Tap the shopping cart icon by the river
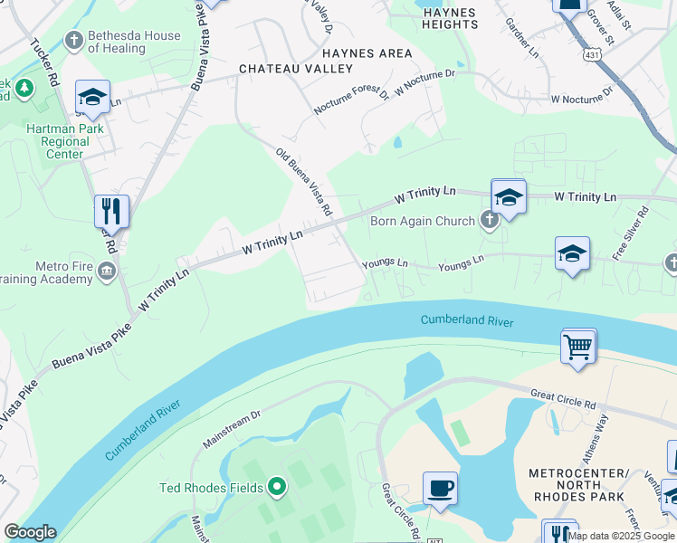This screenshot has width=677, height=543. point(578,347)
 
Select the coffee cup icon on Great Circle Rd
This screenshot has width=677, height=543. point(440,489)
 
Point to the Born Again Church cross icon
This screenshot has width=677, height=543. point(489,221)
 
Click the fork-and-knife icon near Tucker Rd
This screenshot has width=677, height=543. point(111,212)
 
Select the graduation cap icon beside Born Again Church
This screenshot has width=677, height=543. point(509,197)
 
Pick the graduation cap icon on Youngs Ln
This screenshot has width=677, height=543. point(572,255)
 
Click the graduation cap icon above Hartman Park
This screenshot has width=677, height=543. point(92,98)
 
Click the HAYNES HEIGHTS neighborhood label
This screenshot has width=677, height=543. point(450,17)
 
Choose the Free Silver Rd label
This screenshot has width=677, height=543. point(632,233)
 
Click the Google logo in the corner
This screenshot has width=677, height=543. point(29,532)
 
